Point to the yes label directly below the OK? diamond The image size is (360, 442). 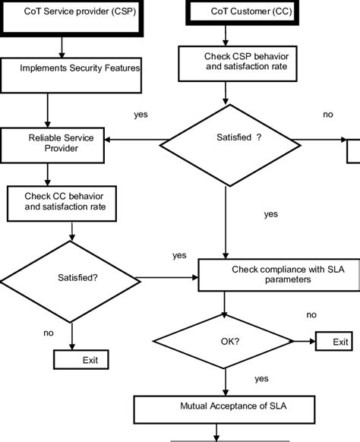coord(261,377)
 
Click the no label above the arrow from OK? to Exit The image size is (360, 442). coord(311,314)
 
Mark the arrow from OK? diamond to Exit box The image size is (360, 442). coord(300,342)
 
